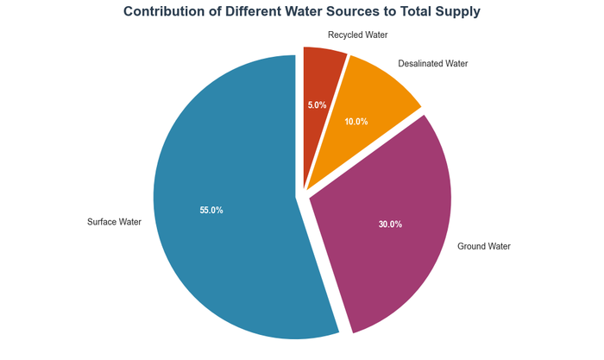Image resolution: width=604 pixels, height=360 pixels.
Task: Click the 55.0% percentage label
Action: [211, 210]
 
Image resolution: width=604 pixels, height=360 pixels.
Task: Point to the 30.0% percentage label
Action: [390, 224]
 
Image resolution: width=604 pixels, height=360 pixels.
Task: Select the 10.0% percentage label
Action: [355, 122]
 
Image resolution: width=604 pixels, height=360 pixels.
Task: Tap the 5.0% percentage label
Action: [317, 105]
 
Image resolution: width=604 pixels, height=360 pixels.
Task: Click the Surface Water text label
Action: [114, 222]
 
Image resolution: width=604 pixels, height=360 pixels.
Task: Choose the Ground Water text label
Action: [483, 246]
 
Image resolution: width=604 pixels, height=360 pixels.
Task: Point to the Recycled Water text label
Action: [358, 35]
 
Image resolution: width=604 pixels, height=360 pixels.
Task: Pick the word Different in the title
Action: [260, 12]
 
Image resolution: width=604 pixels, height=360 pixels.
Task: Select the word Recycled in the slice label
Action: [345, 35]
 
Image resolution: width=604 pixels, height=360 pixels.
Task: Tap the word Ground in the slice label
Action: [471, 246]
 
